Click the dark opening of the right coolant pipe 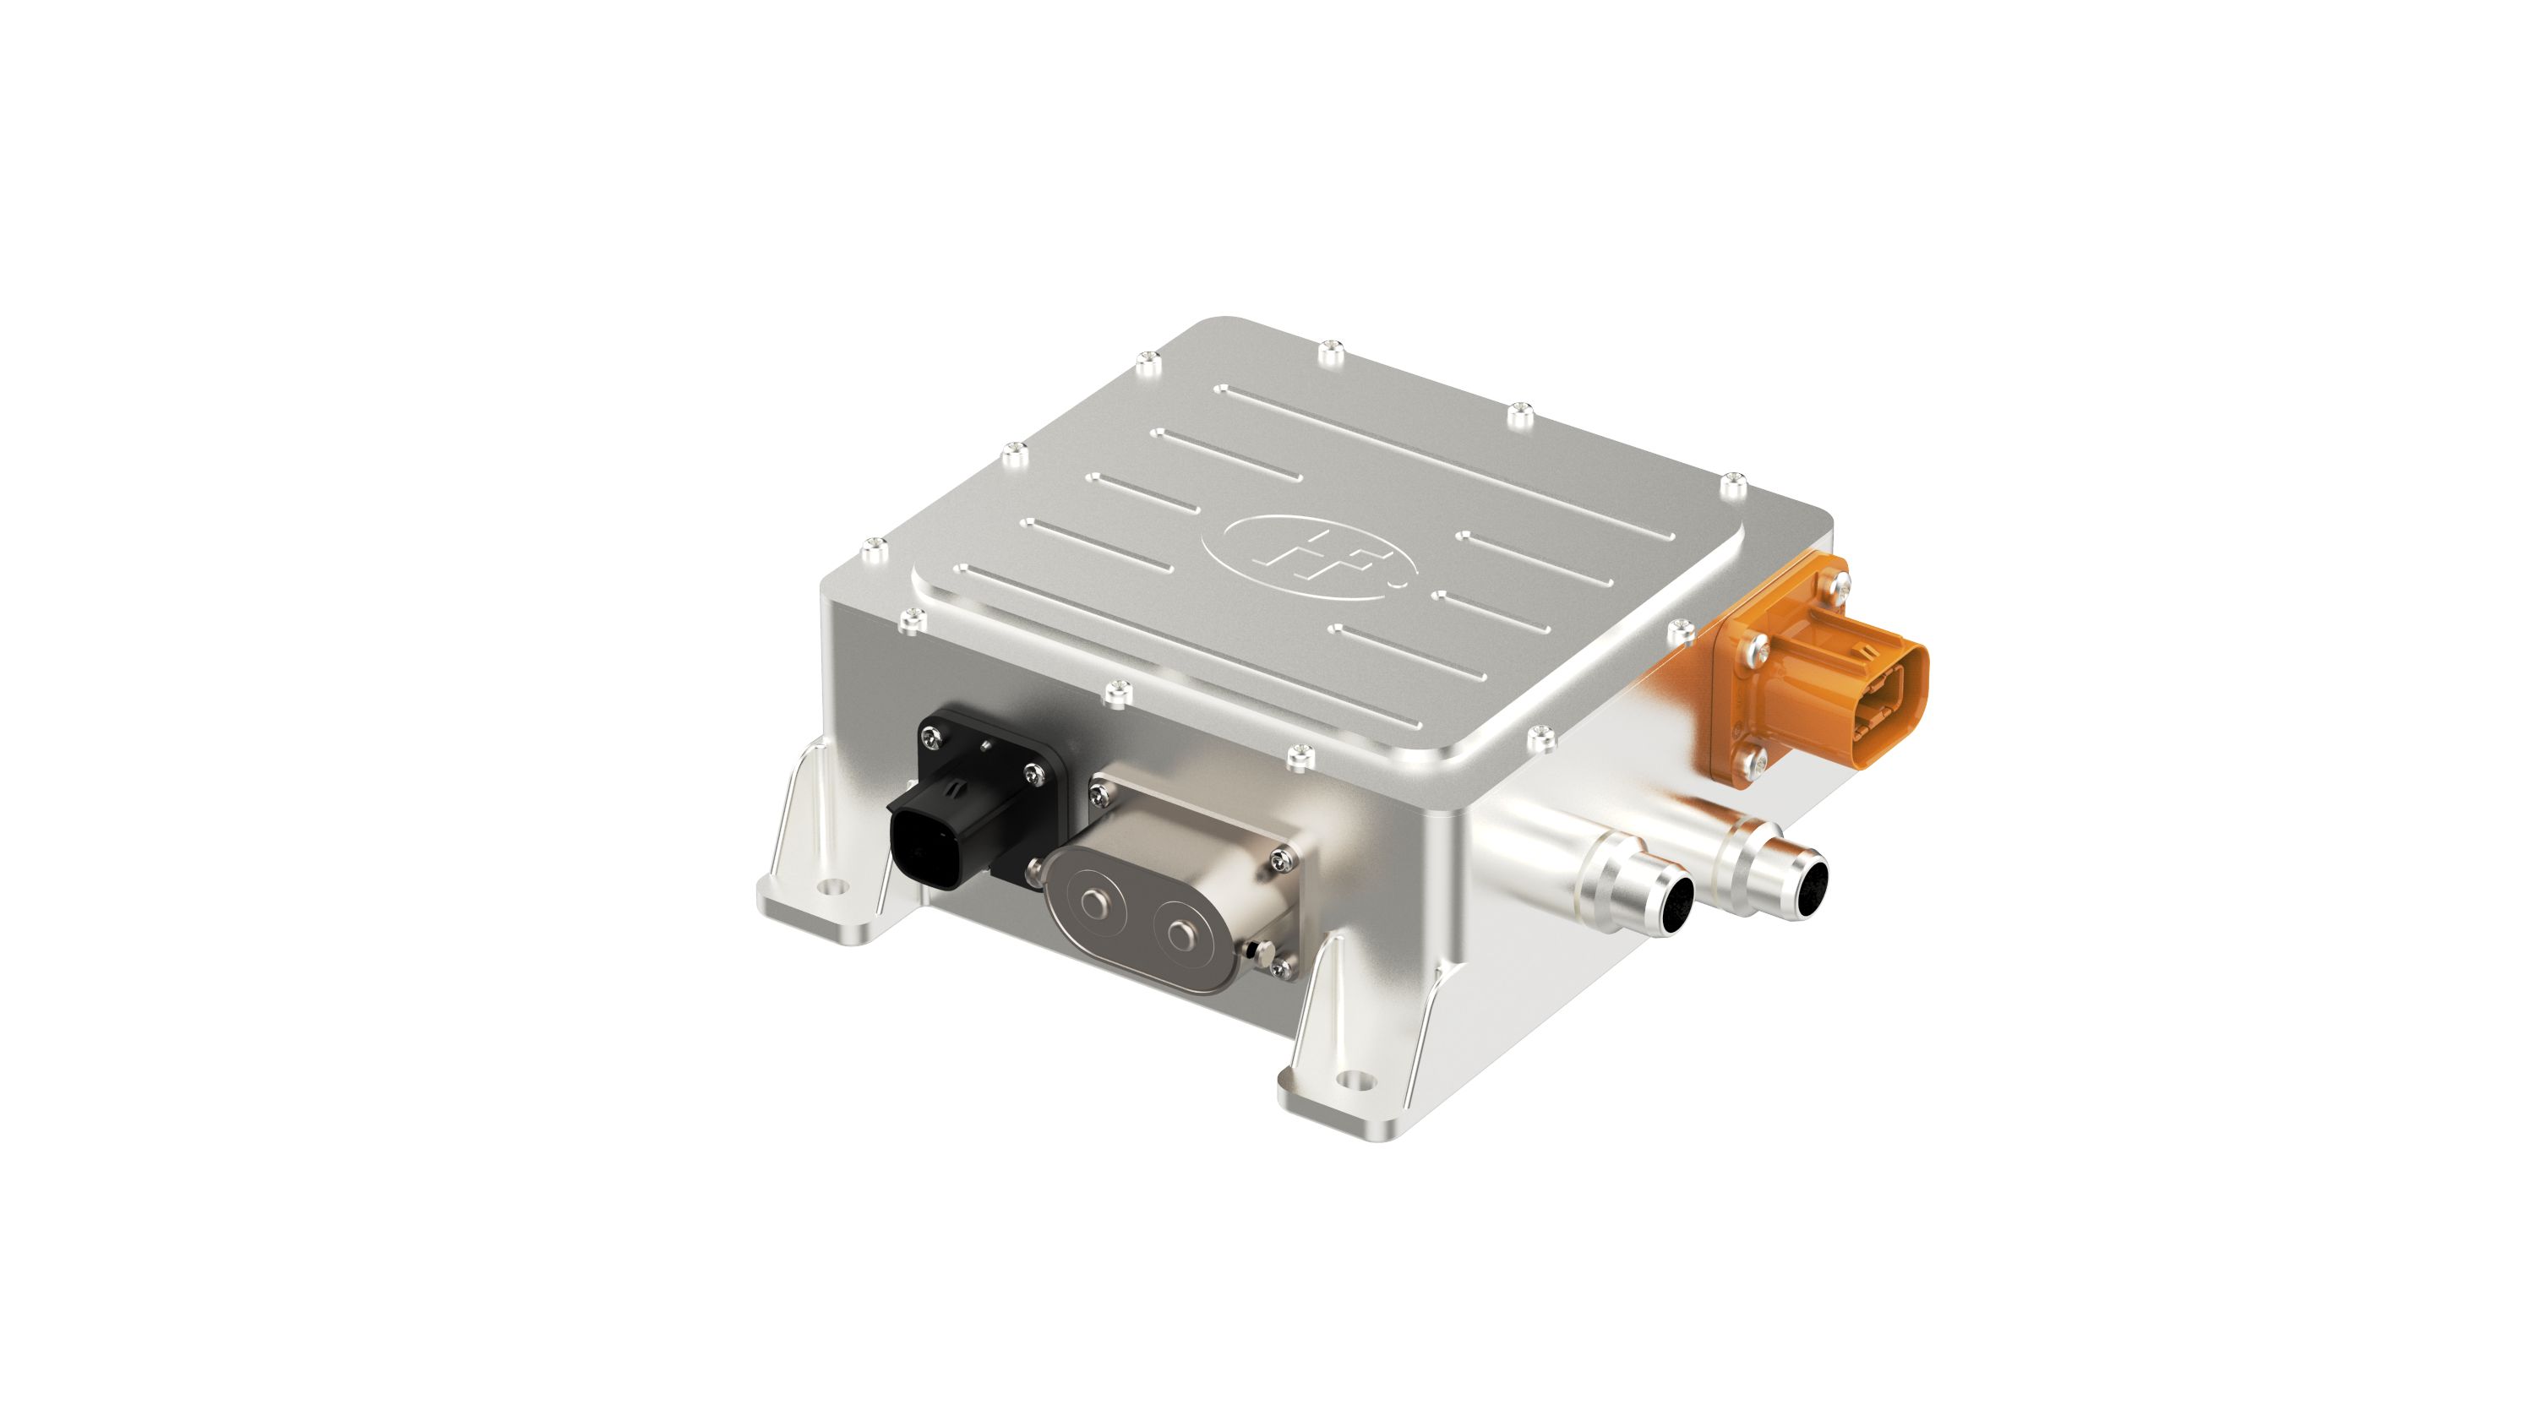coord(1810,884)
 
